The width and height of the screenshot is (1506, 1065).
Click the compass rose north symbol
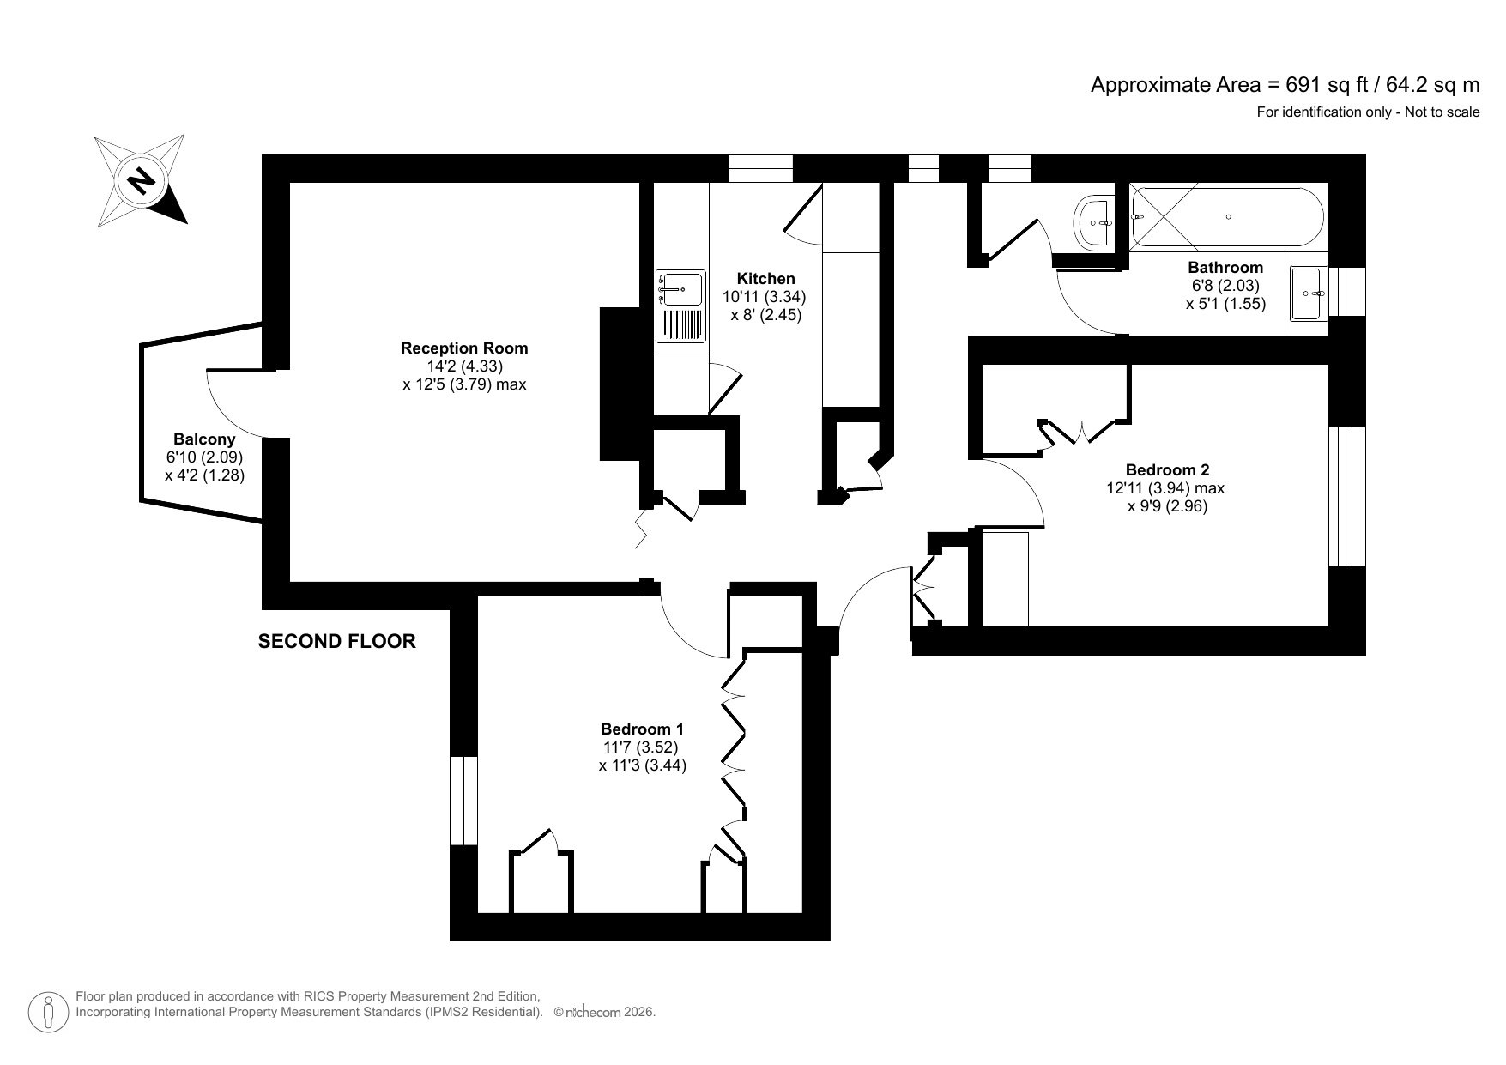[141, 181]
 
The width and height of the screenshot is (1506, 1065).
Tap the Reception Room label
[464, 348]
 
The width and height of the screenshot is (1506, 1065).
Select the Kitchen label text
[765, 279]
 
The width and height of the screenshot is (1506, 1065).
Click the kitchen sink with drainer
[680, 306]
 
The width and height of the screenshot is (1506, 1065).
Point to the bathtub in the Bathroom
[1228, 217]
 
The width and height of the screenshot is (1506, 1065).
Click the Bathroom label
[1225, 268]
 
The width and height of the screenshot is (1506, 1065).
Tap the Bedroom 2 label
[1167, 470]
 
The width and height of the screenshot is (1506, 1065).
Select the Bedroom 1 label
[642, 729]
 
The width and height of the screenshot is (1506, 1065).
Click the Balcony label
[204, 439]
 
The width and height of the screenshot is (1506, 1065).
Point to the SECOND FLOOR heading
[337, 641]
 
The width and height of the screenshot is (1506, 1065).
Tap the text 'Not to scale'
[1442, 112]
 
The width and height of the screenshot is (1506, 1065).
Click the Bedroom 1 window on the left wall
[463, 800]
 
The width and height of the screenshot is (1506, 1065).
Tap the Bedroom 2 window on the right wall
[1346, 496]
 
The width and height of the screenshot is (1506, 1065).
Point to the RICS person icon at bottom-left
[49, 1013]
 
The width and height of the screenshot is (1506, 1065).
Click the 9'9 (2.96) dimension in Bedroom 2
[1167, 506]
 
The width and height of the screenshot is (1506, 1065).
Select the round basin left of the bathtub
[1095, 222]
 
